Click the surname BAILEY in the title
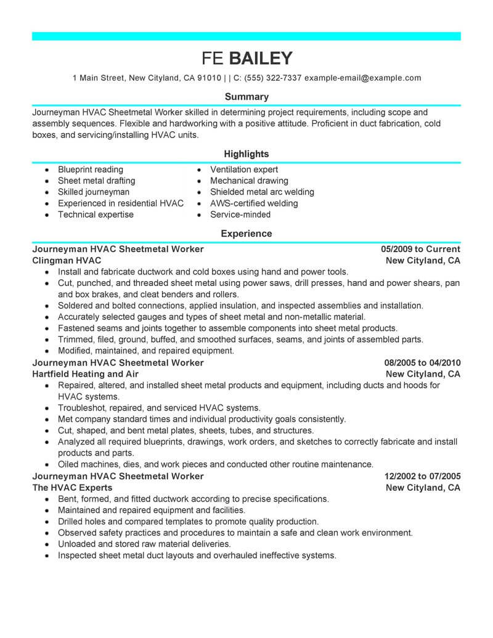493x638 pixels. click(x=261, y=58)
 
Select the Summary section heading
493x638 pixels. click(x=246, y=97)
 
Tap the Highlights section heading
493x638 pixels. click(x=246, y=153)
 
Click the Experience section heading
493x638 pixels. click(x=246, y=234)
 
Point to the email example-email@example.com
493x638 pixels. click(x=363, y=78)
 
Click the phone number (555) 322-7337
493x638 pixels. click(x=271, y=78)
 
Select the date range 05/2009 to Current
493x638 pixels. click(x=420, y=250)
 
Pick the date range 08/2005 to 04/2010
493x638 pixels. click(x=422, y=363)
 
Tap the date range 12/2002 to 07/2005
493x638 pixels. click(x=422, y=476)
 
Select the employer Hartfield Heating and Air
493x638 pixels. click(x=85, y=374)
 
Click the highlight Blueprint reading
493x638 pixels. click(x=90, y=170)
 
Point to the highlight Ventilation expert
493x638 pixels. click(x=244, y=170)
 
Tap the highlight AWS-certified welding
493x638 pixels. click(x=254, y=203)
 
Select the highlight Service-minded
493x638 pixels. click(x=240, y=215)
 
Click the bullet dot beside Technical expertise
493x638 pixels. click(x=47, y=215)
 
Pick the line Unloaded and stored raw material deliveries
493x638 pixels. click(x=144, y=544)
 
